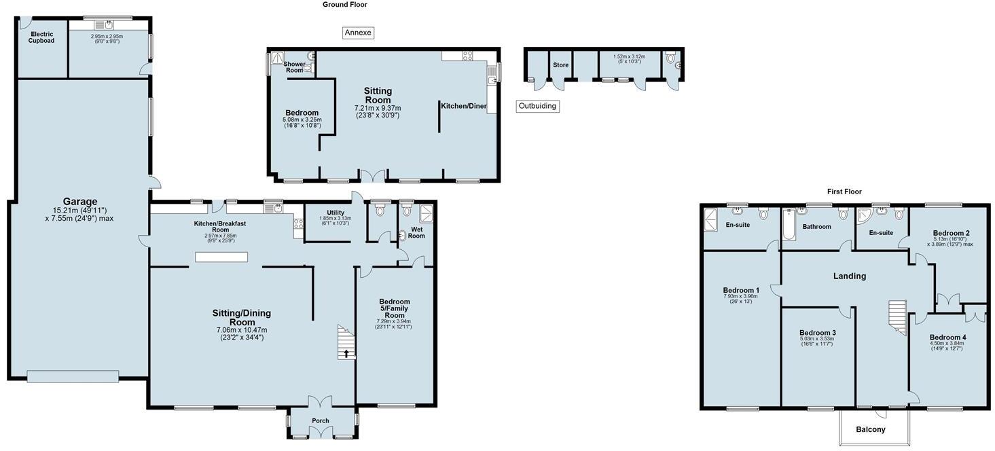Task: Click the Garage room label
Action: click(79, 202)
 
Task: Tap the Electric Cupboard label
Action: click(41, 37)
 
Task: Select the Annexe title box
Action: click(359, 33)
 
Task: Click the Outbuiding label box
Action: click(537, 106)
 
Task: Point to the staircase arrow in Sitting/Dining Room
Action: click(346, 353)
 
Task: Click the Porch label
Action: click(320, 421)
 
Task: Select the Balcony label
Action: click(870, 429)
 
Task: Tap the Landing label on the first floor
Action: click(850, 276)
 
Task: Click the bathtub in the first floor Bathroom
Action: click(789, 227)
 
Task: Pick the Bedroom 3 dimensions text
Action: click(818, 341)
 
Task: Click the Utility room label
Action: click(336, 213)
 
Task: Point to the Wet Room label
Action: click(416, 233)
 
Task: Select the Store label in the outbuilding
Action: click(560, 65)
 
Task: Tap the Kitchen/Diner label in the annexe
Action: click(464, 106)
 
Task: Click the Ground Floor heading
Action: click(344, 5)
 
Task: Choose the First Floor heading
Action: click(844, 192)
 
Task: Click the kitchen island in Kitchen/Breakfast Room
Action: click(221, 257)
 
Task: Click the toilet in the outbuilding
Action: click(671, 59)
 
